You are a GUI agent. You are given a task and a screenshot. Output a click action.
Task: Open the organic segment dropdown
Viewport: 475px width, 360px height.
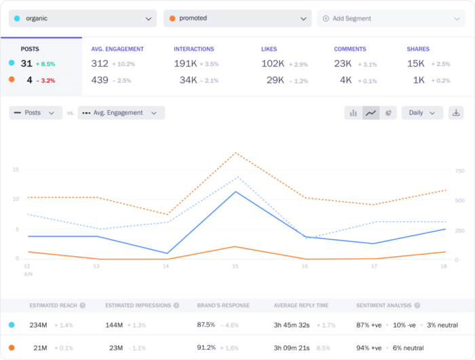pyautogui.click(x=83, y=18)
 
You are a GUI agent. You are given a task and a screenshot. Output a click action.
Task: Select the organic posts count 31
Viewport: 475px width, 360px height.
pyautogui.click(x=26, y=63)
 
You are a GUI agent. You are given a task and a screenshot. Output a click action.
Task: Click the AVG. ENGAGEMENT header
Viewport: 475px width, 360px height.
pyautogui.click(x=117, y=49)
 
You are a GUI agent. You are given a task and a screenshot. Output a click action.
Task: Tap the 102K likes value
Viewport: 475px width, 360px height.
pyautogui.click(x=272, y=63)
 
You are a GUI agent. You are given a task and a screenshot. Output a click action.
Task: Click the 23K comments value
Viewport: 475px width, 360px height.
pyautogui.click(x=343, y=63)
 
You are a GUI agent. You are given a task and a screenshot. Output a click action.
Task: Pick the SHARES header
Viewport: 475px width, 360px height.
pyautogui.click(x=418, y=49)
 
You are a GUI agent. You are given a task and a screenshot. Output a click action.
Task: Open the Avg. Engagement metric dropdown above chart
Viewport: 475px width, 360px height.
pyautogui.click(x=121, y=113)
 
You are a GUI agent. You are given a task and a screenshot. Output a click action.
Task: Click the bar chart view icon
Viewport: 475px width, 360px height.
pyautogui.click(x=353, y=113)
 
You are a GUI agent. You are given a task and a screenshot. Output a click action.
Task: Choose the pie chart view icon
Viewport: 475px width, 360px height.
pyautogui.click(x=388, y=113)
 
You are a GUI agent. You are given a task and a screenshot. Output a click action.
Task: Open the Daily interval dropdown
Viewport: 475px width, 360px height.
pyautogui.click(x=422, y=113)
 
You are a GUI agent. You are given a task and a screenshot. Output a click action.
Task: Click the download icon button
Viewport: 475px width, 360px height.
pyautogui.click(x=457, y=113)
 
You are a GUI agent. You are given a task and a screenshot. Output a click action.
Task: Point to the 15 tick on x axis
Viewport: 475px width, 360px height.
pyautogui.click(x=235, y=266)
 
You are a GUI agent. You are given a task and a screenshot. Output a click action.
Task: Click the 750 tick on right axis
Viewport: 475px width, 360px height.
pyautogui.click(x=460, y=170)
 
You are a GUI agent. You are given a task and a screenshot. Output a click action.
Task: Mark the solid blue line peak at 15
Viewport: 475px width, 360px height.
pyautogui.click(x=235, y=192)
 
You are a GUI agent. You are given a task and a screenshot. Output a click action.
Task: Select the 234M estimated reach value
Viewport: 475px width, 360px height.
pyautogui.click(x=38, y=325)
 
